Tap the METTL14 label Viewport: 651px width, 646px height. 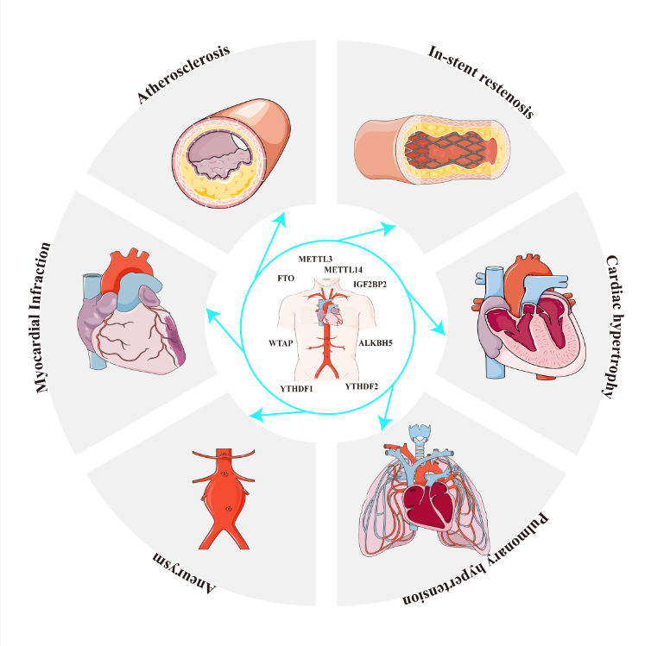tap(344, 270)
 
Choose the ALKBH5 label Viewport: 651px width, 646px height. tap(376, 342)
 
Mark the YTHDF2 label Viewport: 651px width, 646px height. tap(362, 386)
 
